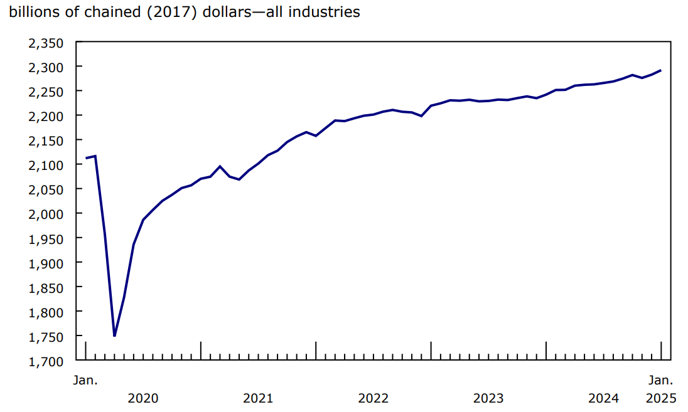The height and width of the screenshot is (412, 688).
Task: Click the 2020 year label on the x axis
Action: (143, 398)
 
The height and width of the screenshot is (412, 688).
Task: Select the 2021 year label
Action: (258, 398)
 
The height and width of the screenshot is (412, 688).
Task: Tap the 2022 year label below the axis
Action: (374, 398)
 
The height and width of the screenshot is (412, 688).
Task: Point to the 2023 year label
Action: (488, 398)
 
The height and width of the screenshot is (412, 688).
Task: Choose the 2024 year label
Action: (604, 398)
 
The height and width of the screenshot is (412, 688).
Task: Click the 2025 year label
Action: (661, 398)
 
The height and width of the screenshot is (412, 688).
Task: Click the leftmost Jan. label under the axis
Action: (85, 380)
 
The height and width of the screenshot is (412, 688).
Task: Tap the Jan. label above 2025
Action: (661, 380)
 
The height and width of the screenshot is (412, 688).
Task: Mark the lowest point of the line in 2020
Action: (114, 335)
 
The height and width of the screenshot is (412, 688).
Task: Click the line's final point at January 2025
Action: (661, 70)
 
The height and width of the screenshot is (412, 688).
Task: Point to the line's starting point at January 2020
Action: (86, 158)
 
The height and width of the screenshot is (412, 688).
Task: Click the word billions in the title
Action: (30, 11)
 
